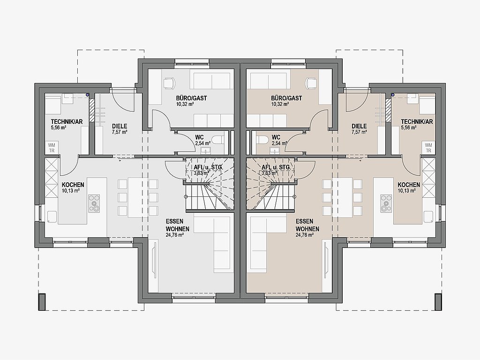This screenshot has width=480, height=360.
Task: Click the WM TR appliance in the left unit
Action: click(x=52, y=148)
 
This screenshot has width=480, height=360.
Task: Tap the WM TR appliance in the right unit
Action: click(x=428, y=148)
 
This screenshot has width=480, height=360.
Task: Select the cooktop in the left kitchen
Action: click(x=94, y=203)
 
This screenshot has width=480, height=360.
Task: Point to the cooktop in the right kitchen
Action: click(x=386, y=203)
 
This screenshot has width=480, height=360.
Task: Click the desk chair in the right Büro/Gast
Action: click(x=311, y=82)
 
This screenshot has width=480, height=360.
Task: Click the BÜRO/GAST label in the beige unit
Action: click(x=286, y=98)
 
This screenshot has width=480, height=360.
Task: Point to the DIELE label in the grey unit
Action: click(x=120, y=126)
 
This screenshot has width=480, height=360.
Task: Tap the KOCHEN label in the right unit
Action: click(x=409, y=185)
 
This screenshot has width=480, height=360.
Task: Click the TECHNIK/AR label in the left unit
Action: click(x=67, y=121)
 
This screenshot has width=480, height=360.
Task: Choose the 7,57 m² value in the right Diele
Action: click(x=359, y=132)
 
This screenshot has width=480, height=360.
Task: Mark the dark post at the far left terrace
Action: click(x=42, y=302)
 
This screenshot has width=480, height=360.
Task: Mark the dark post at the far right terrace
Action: click(x=438, y=302)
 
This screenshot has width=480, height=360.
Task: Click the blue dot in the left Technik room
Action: click(x=88, y=95)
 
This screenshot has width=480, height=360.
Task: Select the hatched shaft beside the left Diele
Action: click(x=91, y=110)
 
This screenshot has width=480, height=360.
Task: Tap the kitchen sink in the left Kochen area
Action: click(x=52, y=216)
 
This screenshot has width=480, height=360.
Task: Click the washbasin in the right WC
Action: click(x=274, y=150)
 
